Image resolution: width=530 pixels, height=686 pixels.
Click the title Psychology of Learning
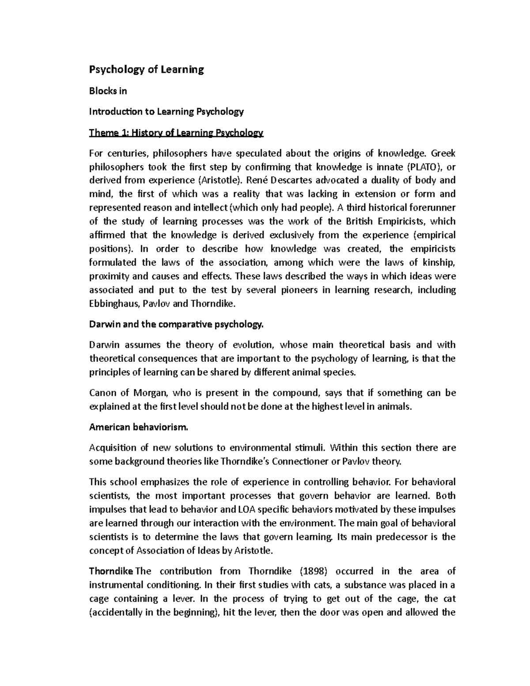(146, 70)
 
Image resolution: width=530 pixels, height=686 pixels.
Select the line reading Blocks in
(108, 91)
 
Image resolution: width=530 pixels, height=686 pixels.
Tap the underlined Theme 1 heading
(176, 133)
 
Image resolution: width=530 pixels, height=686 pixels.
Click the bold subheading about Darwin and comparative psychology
(176, 324)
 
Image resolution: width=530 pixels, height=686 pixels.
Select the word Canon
(102, 393)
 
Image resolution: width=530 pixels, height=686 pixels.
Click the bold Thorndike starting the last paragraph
(111, 571)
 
